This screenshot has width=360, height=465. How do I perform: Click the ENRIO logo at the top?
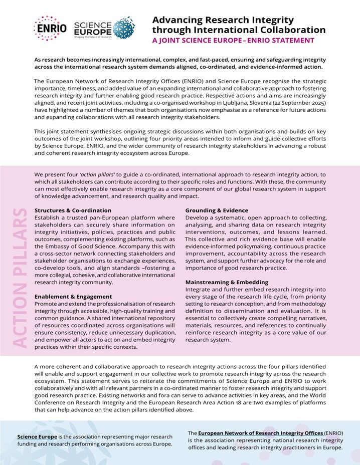point(50,28)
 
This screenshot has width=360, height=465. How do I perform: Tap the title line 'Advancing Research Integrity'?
point(223,20)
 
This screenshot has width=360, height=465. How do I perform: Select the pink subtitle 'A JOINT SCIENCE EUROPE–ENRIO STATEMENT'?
point(233,41)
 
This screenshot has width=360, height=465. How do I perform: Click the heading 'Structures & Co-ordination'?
point(73,210)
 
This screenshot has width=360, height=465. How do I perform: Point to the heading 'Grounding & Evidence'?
point(217,210)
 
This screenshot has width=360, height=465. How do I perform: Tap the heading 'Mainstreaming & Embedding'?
point(227,282)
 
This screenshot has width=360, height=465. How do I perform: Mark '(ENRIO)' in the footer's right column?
point(333,432)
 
